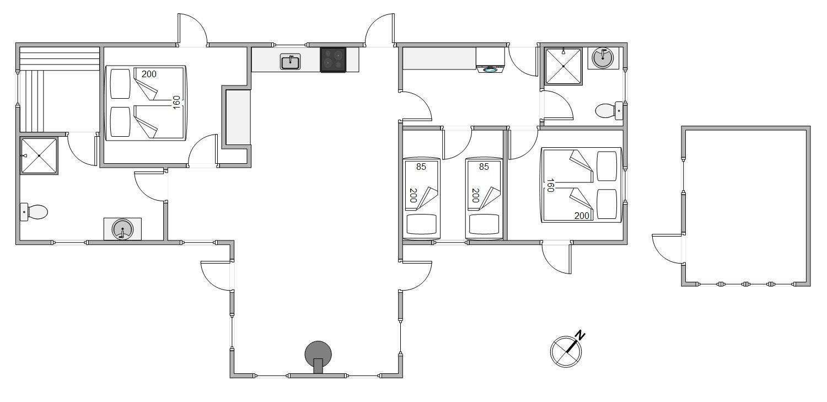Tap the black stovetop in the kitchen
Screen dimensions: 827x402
[x=333, y=60]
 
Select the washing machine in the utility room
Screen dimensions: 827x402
[x=490, y=60]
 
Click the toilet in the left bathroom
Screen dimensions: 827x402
[x=34, y=212]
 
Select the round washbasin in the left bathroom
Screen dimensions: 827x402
[x=122, y=229]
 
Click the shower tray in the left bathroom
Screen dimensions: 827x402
[x=39, y=156]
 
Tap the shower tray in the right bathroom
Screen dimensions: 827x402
[x=563, y=66]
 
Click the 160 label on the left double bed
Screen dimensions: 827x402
[x=176, y=102]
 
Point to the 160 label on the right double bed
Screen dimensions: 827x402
[x=550, y=185]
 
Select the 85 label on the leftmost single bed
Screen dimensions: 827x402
[x=421, y=167]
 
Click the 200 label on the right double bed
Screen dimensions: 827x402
[x=582, y=216]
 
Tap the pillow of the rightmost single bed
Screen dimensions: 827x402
[x=484, y=224]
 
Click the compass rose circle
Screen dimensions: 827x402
[x=566, y=351]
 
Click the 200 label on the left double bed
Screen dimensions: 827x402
[x=149, y=74]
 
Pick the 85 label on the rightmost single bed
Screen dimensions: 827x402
[x=484, y=167]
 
